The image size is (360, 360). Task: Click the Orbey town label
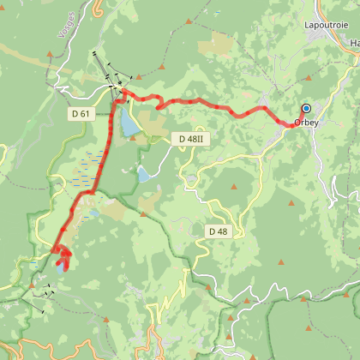(x=308, y=123)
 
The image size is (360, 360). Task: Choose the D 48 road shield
(x=218, y=231)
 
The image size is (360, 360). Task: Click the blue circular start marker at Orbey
(x=306, y=109)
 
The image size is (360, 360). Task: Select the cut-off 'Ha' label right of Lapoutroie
(x=354, y=42)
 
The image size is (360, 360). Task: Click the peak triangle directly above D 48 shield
(x=235, y=187)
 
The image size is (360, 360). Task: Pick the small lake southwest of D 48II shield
(x=143, y=175)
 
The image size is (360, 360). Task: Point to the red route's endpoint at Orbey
(x=291, y=124)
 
